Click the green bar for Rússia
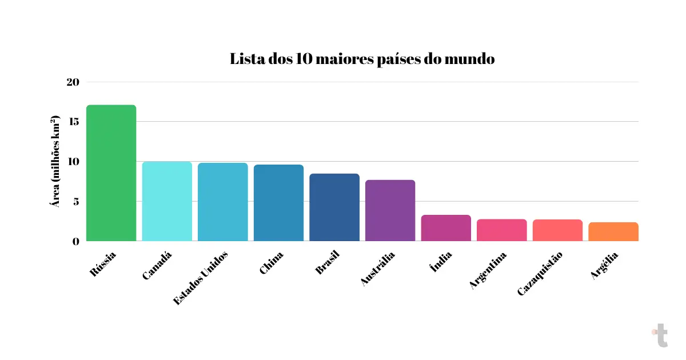tap(111, 173)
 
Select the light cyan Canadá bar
tap(167, 201)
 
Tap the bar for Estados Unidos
tap(222, 202)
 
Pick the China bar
tap(278, 203)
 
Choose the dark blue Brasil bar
tap(334, 207)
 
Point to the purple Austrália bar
tap(390, 210)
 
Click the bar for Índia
tap(446, 228)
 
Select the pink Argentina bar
tap(501, 230)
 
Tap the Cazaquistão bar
tap(557, 230)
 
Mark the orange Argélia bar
tap(613, 231)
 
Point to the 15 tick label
tap(73, 122)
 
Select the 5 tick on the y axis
tap(75, 201)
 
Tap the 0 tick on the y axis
tap(75, 241)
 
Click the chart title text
tap(362, 59)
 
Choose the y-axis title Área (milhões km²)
tap(56, 162)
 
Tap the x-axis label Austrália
tap(378, 268)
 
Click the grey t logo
tap(660, 335)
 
